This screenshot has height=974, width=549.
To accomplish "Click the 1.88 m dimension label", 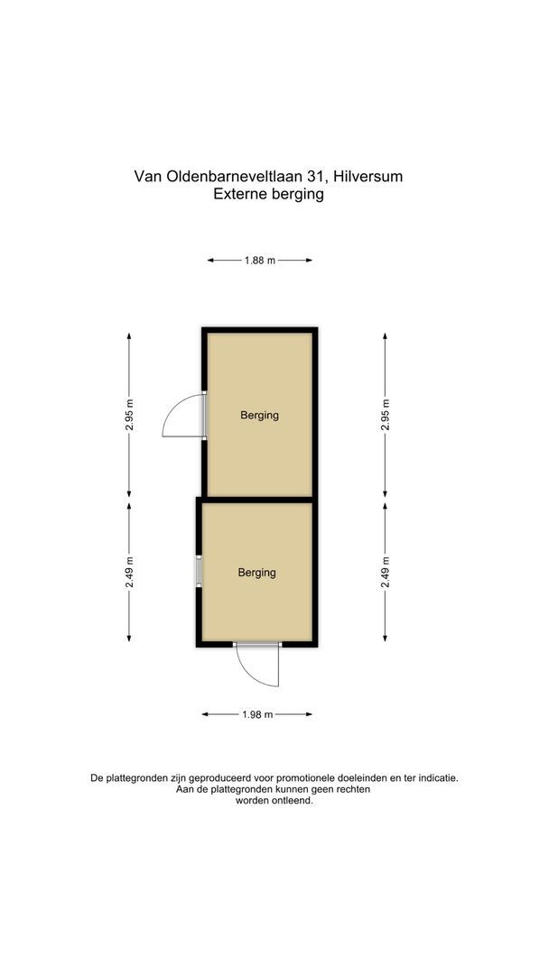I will (259, 261).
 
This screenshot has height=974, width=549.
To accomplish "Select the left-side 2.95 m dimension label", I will (130, 415).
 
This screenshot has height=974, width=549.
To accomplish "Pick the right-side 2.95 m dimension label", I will (386, 415).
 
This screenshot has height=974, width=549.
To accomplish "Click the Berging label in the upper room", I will (259, 416).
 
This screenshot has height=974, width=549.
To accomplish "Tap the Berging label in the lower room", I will (256, 573).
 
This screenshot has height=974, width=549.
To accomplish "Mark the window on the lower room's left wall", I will (199, 572).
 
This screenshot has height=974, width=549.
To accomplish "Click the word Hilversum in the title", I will (368, 177).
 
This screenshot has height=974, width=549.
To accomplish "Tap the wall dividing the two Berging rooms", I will (259, 498).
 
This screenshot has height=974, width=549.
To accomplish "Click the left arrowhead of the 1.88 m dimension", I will (210, 261).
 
